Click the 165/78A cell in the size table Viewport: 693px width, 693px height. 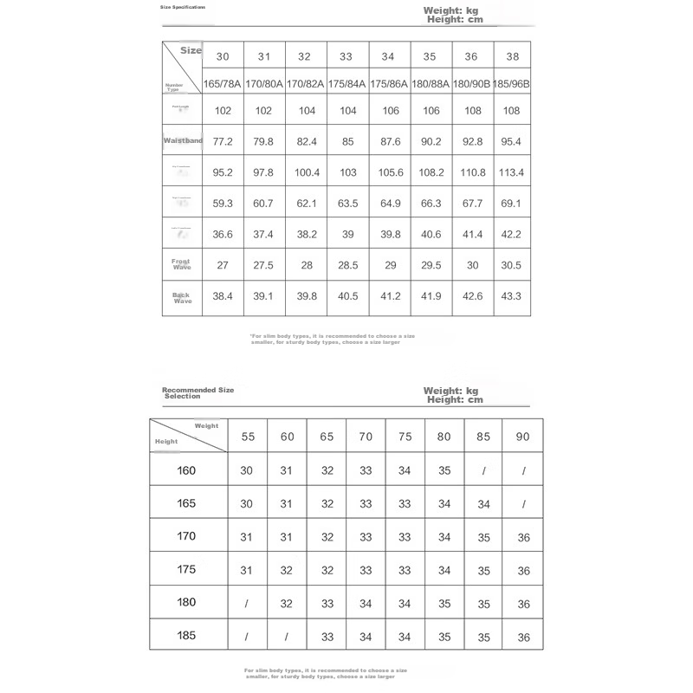pos(223,84)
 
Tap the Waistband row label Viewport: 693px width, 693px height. pos(182,140)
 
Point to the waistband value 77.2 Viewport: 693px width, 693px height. pos(223,140)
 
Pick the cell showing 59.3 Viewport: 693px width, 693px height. pos(223,204)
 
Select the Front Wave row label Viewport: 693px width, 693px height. pos(182,264)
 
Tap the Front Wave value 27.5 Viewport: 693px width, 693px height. pos(264,265)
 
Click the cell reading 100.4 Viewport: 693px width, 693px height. pos(307,172)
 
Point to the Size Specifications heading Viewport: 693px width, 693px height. pos(183,7)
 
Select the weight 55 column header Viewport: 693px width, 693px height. pos(248,437)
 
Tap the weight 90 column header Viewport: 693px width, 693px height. pos(523,437)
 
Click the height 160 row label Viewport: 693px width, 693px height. pos(186,470)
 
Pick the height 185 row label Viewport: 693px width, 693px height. pos(186,636)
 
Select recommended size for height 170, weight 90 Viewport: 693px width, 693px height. pos(523,537)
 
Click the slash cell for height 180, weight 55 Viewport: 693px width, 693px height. pos(248,604)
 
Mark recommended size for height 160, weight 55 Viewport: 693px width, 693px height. pos(248,471)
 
